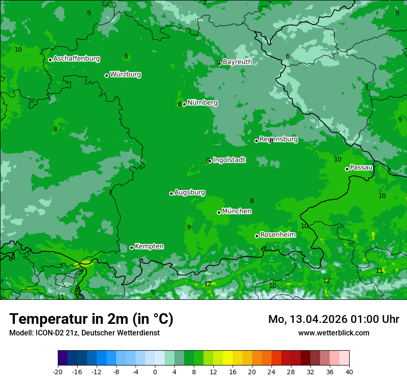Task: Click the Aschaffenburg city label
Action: point(76,59)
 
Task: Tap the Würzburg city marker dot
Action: point(106,75)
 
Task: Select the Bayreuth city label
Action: point(237,62)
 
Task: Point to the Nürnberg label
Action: point(202,103)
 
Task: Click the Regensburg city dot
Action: point(256,141)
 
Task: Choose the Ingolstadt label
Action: point(229,160)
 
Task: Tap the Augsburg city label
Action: point(190,192)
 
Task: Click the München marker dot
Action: point(219,212)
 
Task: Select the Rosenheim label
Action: point(277,235)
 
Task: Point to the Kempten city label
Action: point(149,247)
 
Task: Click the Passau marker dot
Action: point(347,169)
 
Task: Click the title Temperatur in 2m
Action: point(91,319)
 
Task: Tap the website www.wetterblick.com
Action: point(333,333)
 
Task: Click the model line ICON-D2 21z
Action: point(84,333)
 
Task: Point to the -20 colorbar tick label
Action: point(58,372)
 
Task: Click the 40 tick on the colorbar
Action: point(349,372)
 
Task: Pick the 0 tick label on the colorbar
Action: point(155,372)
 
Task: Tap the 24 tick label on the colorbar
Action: point(271,372)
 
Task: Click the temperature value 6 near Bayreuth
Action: point(288,56)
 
